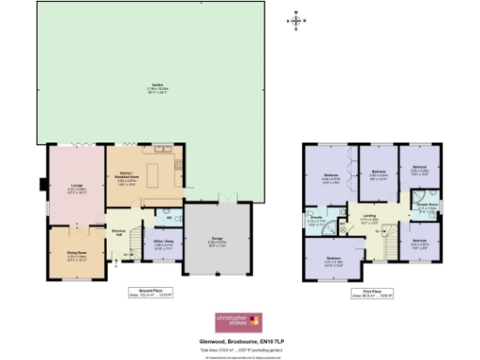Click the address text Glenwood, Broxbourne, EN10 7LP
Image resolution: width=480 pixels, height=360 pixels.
pyautogui.click(x=240, y=339)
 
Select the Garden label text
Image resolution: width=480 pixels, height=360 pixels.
pyautogui.click(x=148, y=88)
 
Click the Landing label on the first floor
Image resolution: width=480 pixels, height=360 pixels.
pyautogui.click(x=369, y=221)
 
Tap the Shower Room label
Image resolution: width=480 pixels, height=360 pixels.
pyautogui.click(x=426, y=207)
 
